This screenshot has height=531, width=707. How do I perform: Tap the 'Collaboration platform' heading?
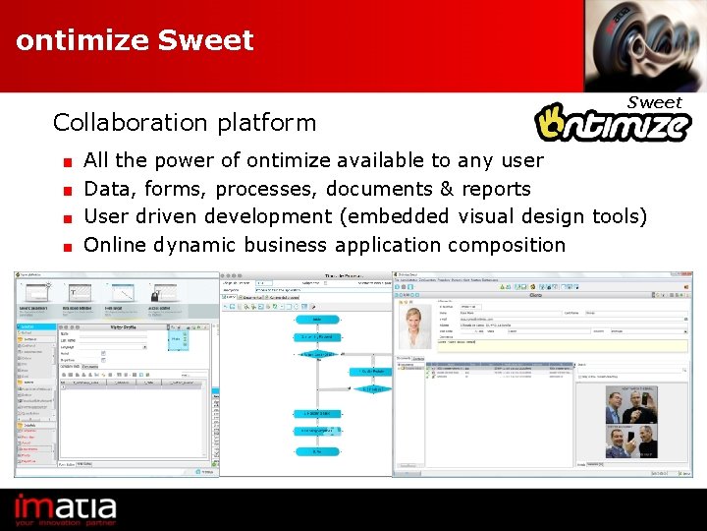pyautogui.click(x=185, y=123)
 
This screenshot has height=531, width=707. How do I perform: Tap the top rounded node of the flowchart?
pyautogui.click(x=316, y=319)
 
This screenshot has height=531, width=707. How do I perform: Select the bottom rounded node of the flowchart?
pyautogui.click(x=316, y=450)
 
